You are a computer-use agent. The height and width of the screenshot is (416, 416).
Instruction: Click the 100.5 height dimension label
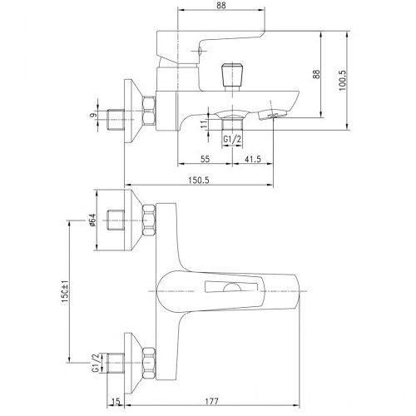pos(343,80)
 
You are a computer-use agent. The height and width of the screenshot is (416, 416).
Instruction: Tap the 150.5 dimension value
pos(199,181)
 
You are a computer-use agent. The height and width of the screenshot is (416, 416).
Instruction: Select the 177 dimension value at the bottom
pos(211,401)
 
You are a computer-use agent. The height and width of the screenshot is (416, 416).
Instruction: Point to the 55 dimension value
pos(205,159)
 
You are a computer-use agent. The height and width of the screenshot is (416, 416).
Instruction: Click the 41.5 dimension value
pos(252,159)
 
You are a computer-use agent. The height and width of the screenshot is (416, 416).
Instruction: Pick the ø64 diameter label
pos(92,220)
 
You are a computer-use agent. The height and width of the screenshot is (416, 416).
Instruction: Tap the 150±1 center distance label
pos(65,291)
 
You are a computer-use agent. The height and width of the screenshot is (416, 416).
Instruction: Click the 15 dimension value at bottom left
pos(116,401)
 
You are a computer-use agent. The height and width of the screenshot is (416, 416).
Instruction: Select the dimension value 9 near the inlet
pos(93,114)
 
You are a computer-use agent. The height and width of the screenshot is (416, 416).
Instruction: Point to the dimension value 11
pos(204,124)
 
